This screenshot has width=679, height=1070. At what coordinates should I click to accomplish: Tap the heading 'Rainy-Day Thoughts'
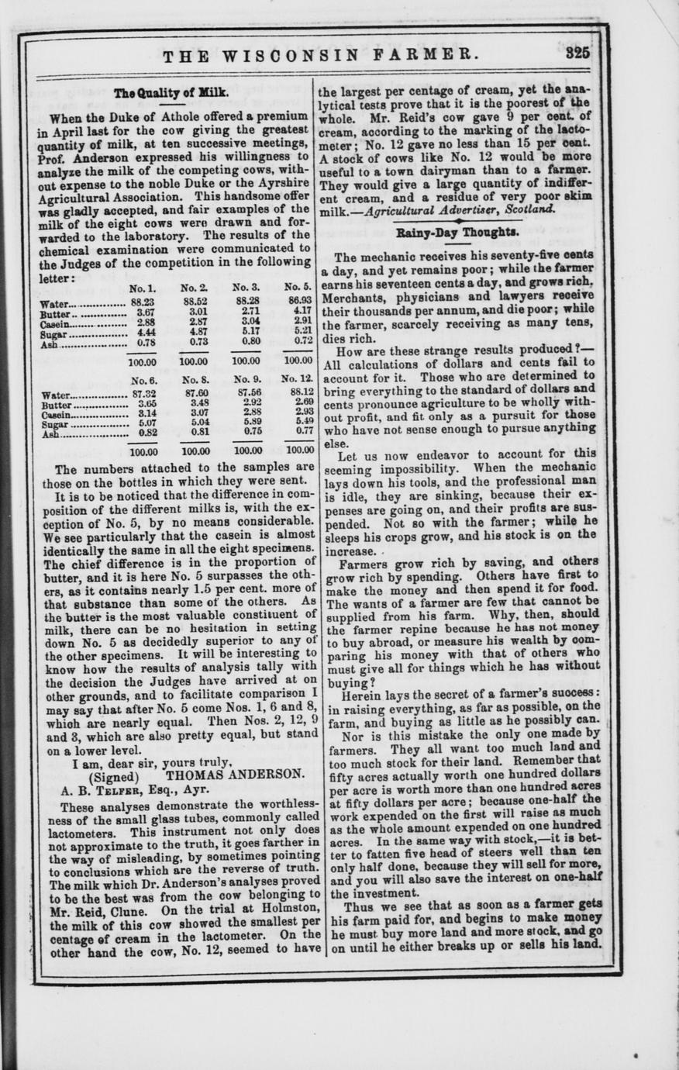pos(457,232)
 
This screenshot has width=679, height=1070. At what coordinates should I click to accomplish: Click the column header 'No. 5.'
pos(298,288)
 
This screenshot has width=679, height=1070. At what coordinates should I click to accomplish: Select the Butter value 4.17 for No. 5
pos(298,312)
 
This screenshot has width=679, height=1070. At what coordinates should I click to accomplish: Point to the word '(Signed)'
pos(115,775)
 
